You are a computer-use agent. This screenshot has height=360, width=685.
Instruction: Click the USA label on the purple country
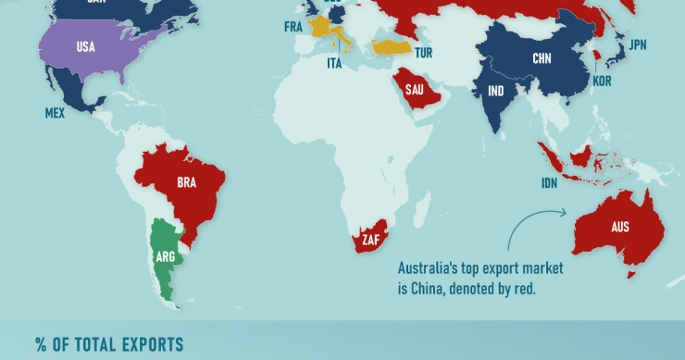click(x=85, y=46)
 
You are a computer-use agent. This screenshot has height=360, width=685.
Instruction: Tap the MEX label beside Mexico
click(x=53, y=113)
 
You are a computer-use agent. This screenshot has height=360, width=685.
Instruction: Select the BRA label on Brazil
click(x=186, y=182)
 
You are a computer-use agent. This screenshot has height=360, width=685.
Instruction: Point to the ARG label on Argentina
click(x=166, y=256)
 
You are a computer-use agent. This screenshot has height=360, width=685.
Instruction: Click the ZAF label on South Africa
click(x=371, y=240)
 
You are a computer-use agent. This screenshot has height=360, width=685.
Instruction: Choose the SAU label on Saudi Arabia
click(x=414, y=90)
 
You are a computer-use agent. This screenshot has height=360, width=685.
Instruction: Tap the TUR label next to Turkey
click(x=424, y=54)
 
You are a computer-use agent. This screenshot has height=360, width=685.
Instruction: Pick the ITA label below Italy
click(x=335, y=64)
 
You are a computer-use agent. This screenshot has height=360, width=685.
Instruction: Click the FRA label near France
click(x=293, y=28)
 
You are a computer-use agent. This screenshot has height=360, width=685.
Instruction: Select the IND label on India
click(x=496, y=91)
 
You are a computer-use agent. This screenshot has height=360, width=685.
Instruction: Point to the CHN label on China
click(x=542, y=58)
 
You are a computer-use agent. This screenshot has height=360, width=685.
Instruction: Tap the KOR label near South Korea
click(x=603, y=82)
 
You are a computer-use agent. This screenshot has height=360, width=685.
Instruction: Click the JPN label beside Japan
click(x=638, y=44)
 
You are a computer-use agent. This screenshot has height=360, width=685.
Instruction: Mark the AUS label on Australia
click(x=620, y=226)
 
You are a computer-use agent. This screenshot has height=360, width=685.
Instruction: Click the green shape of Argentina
click(x=168, y=278)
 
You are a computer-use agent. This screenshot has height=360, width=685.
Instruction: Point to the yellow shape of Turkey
click(x=393, y=45)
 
